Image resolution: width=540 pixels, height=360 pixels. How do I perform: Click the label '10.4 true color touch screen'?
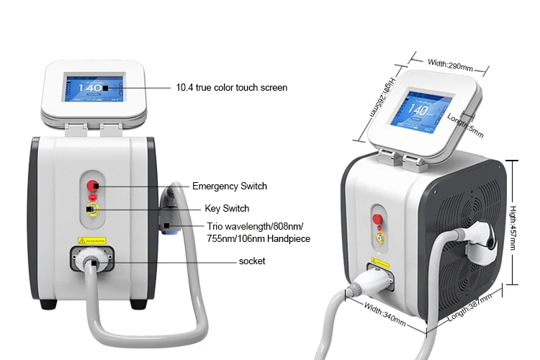[x=231, y=88]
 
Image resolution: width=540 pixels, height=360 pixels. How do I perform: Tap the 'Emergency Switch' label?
[x=230, y=186]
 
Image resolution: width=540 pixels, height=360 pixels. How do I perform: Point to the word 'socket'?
[x=252, y=261]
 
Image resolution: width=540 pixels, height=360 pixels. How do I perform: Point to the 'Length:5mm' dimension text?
[x=467, y=125]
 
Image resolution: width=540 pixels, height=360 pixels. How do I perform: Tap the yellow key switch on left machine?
[x=92, y=211]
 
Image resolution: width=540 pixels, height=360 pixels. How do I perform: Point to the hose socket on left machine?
[x=92, y=258]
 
